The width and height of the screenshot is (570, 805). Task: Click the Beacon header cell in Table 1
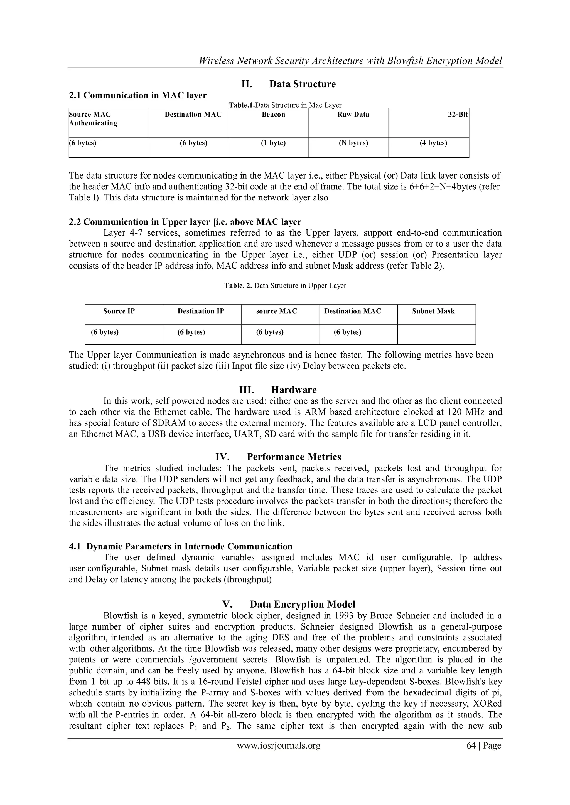(x=273, y=115)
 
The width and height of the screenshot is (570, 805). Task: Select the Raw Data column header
(x=353, y=115)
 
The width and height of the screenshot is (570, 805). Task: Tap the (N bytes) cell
(x=353, y=143)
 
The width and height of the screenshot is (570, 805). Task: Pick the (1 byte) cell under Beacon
(x=273, y=143)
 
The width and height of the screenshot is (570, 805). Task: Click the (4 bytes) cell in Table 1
(x=433, y=143)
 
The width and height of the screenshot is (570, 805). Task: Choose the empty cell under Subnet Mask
(x=436, y=334)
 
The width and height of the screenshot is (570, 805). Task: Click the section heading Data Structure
(x=302, y=84)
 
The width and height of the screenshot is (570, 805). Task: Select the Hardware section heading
(x=294, y=390)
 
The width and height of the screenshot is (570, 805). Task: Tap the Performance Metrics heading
(x=294, y=457)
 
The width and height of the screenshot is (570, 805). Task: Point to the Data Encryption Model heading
(x=302, y=605)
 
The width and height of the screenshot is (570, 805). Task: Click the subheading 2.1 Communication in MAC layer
(x=137, y=95)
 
